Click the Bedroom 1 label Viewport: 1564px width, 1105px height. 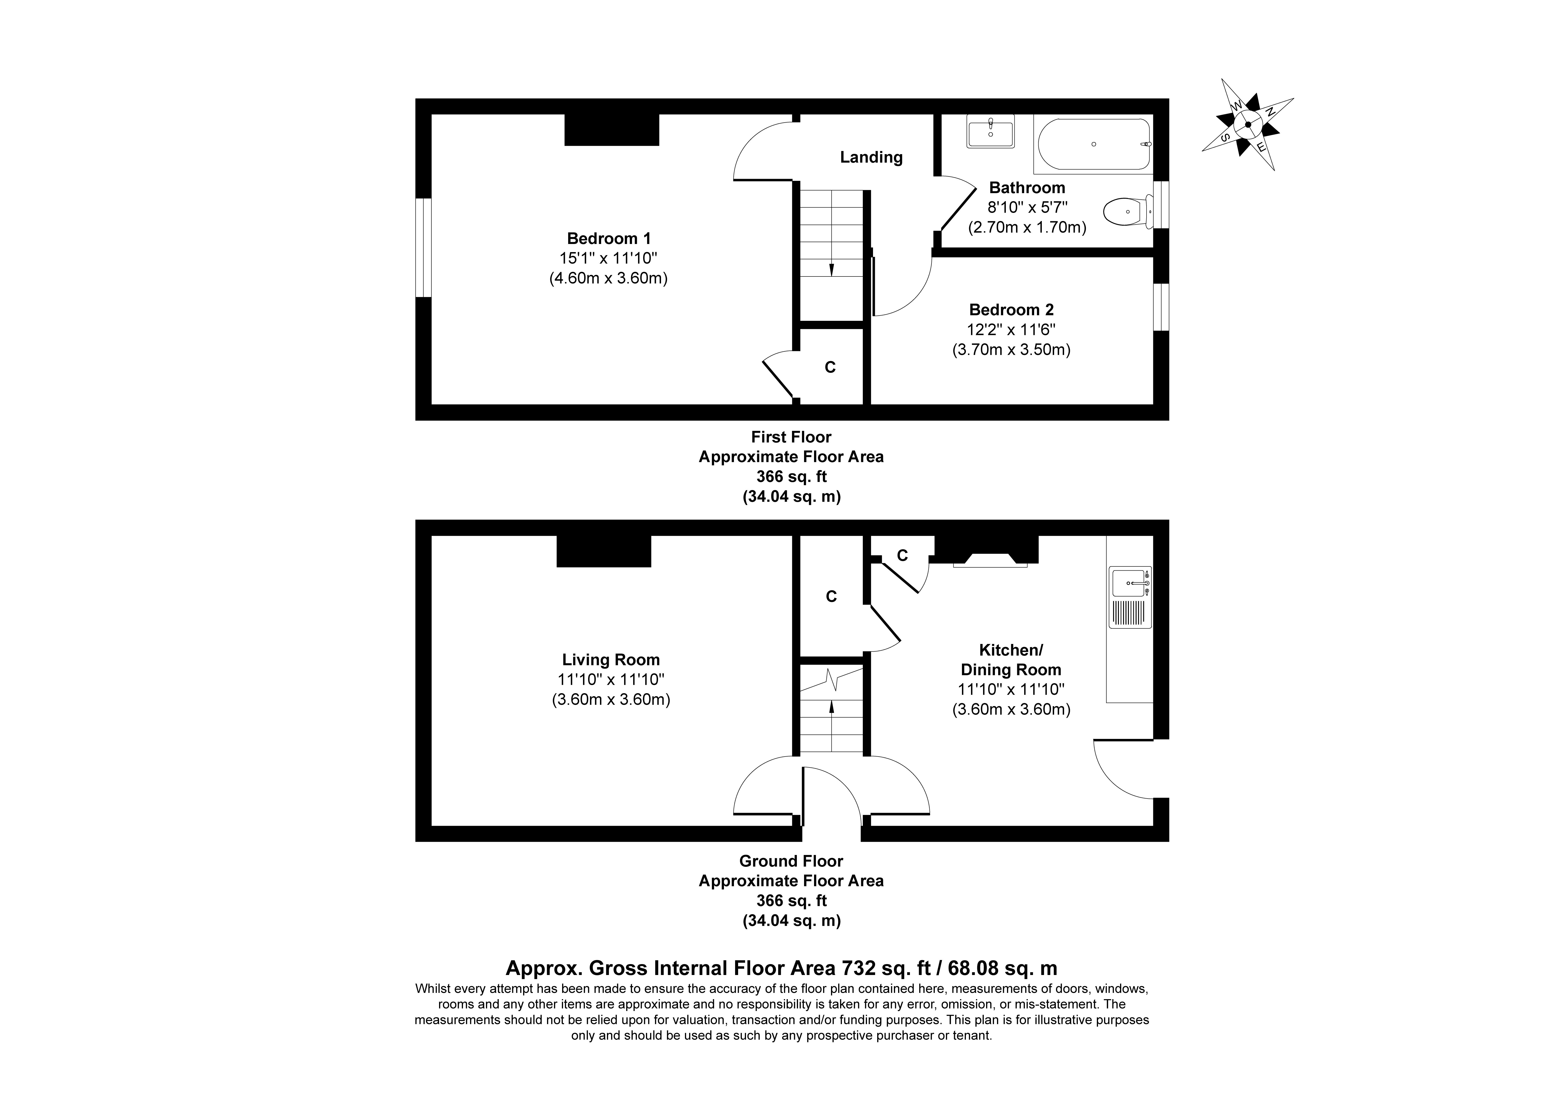pyautogui.click(x=609, y=238)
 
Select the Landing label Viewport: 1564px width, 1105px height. pyautogui.click(x=871, y=157)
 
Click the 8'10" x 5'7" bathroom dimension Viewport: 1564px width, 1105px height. pyautogui.click(x=1027, y=207)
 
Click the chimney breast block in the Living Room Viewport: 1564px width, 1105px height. pyautogui.click(x=603, y=551)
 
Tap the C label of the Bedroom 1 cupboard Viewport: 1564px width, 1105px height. pyautogui.click(x=830, y=367)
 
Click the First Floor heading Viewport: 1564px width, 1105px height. pyautogui.click(x=792, y=437)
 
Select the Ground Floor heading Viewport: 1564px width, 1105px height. pyautogui.click(x=792, y=861)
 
